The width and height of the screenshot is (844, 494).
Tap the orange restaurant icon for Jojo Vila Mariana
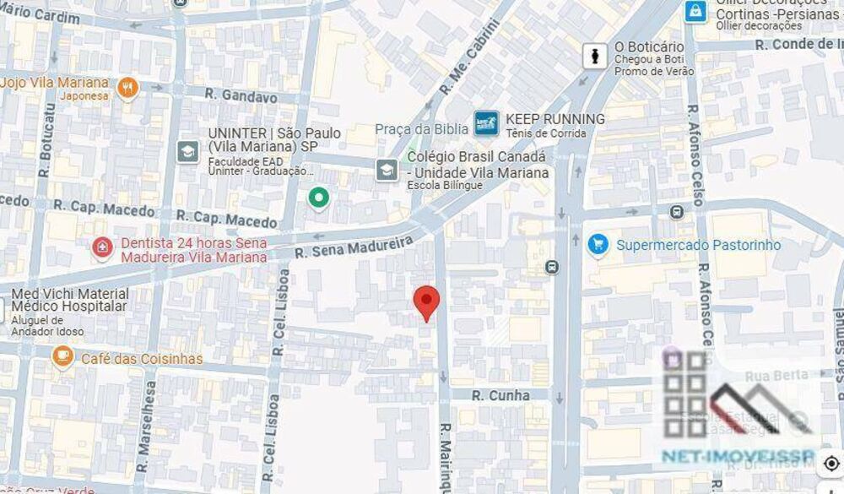tap(127, 87)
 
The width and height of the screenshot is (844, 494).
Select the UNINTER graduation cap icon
tap(187, 151)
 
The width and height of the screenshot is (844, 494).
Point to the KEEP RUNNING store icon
tap(485, 123)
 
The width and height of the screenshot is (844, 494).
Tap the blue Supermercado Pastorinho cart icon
tap(598, 245)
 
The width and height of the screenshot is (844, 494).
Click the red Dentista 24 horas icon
tap(102, 248)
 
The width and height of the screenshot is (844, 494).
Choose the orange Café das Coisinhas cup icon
tap(62, 357)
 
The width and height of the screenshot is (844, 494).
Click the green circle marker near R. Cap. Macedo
tap(318, 198)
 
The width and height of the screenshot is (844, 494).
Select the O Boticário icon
tap(596, 57)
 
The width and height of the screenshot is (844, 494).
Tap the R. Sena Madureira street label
tap(354, 246)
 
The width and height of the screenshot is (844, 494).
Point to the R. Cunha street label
tap(500, 395)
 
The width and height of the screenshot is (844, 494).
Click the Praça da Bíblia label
tap(421, 128)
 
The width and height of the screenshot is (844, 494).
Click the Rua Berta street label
tap(782, 374)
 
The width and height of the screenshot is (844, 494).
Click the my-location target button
tap(831, 464)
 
